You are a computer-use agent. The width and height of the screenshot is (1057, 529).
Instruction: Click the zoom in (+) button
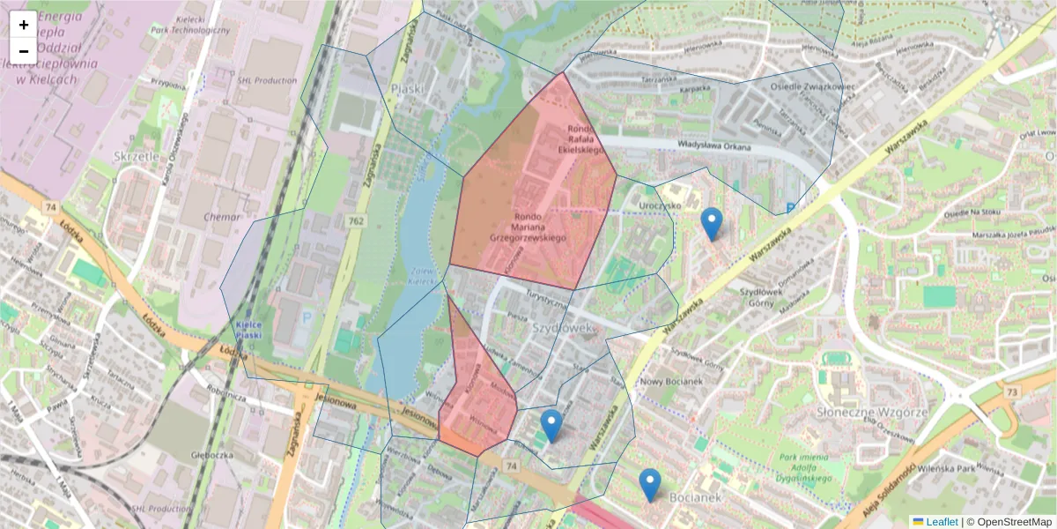[24, 25]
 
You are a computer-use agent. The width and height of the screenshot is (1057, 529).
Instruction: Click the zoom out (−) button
[24, 51]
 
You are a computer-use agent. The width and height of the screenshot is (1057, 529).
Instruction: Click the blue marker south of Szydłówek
[551, 426]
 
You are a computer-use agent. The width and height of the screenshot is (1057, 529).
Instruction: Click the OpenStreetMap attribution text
[1013, 522]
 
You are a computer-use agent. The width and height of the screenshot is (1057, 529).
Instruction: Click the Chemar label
[221, 216]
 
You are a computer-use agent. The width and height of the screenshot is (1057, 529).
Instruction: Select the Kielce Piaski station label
[250, 330]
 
